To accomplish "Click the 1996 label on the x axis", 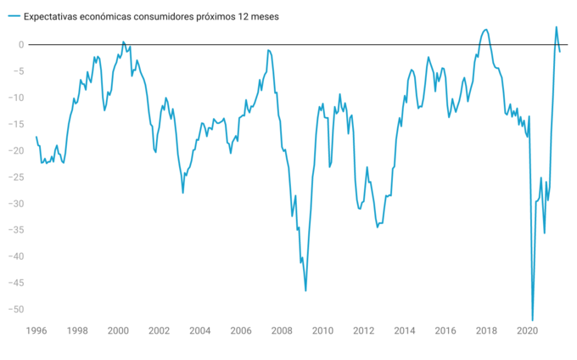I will [x=36, y=331].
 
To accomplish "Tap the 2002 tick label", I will [x=159, y=331].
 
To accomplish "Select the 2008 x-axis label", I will [x=282, y=331].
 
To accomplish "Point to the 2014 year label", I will [x=405, y=331].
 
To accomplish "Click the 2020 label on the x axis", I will [x=528, y=331].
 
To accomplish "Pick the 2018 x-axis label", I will [x=486, y=331].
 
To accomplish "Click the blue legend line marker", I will [x=12, y=16].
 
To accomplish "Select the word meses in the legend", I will [x=287, y=16].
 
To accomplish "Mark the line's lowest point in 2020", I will [x=533, y=320].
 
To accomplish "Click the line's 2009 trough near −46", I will [x=305, y=290].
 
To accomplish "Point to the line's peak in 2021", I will [x=556, y=27].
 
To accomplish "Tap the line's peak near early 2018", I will [x=485, y=30].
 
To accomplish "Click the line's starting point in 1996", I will [x=36, y=137].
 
